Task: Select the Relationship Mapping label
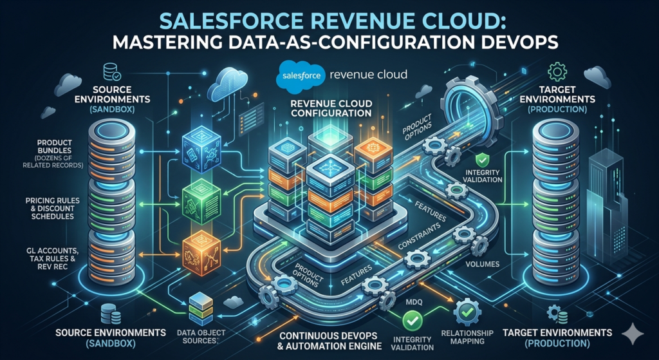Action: [x=469, y=337]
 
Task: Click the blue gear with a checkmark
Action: [x=468, y=313]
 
